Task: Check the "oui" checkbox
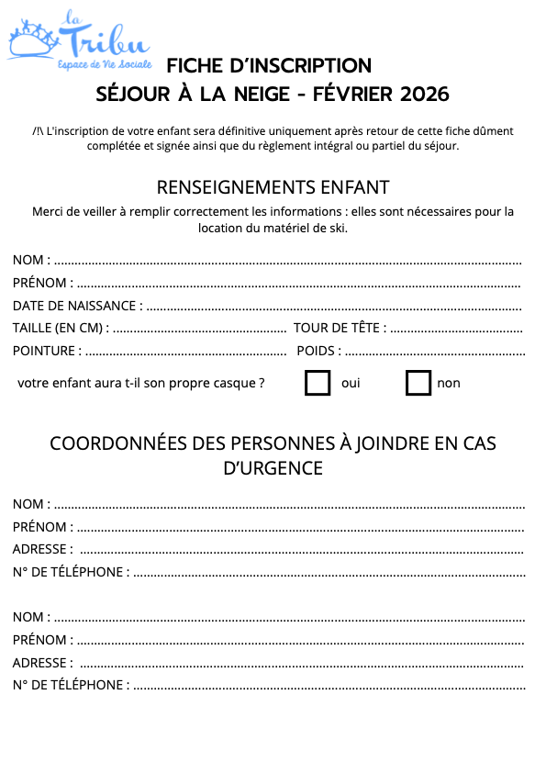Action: pyautogui.click(x=318, y=383)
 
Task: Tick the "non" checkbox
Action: pyautogui.click(x=418, y=383)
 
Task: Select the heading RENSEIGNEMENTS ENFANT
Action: pyautogui.click(x=273, y=187)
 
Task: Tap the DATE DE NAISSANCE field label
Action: pyautogui.click(x=77, y=306)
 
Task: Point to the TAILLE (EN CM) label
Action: pyautogui.click(x=61, y=328)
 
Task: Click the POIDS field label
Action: pyautogui.click(x=318, y=350)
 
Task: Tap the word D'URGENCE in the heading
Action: pyautogui.click(x=273, y=467)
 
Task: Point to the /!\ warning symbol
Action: pyautogui.click(x=39, y=130)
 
